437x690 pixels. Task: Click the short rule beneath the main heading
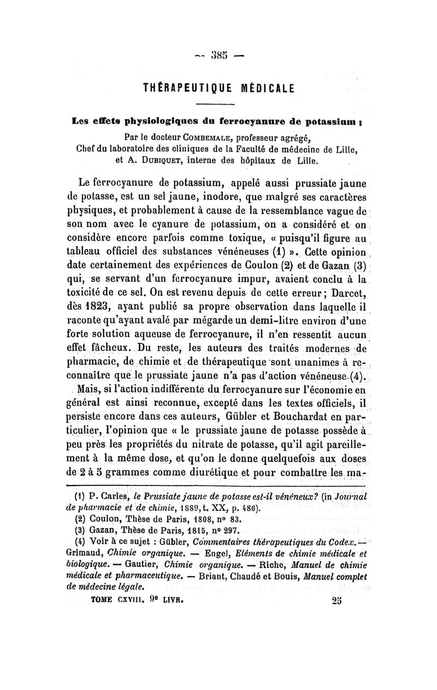coord(218,103)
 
